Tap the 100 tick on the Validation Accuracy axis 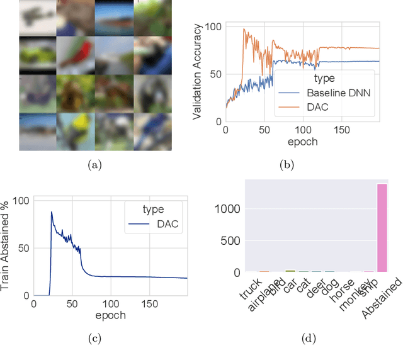point(213,27)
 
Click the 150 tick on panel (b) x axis point(341,130)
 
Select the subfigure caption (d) point(309,339)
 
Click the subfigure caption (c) point(94,339)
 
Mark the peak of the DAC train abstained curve point(52,212)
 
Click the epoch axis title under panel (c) point(111,314)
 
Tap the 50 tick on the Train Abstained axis point(24,248)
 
